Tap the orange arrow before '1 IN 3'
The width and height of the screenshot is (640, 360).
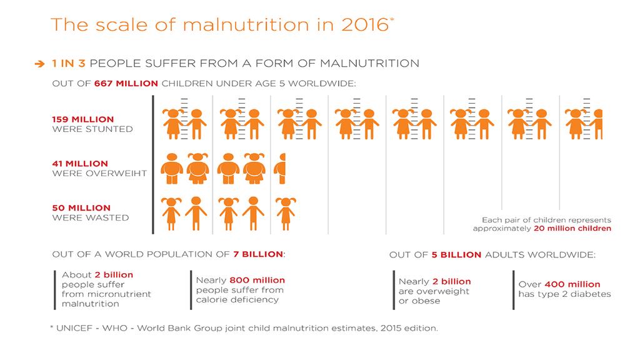40,63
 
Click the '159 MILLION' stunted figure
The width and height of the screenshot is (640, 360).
82,119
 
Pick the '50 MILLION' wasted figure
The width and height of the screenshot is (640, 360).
81,208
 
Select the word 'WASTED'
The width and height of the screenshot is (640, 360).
107,217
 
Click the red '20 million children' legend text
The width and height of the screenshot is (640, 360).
572,229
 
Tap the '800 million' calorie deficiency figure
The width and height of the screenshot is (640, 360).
257,280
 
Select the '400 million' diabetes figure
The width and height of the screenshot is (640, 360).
572,284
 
